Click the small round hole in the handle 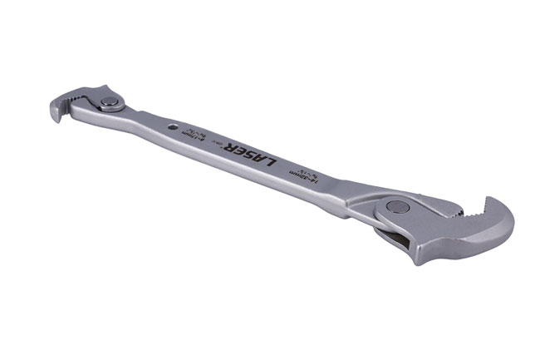point(172,127)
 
